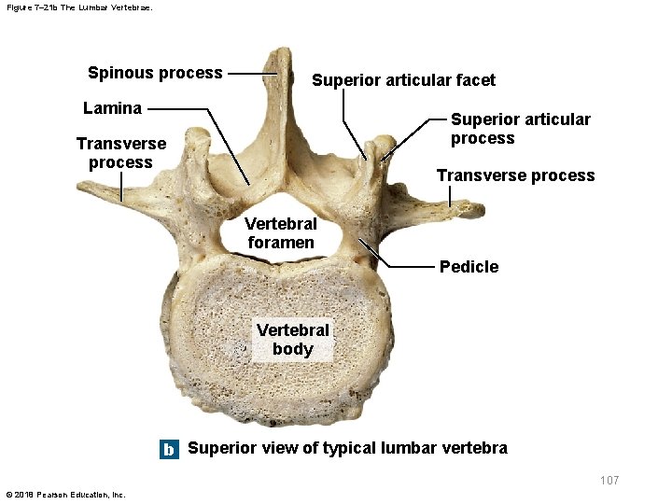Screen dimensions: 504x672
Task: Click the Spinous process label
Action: (x=155, y=73)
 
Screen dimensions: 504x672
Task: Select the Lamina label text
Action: (x=112, y=107)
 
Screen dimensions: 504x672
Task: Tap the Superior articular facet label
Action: (x=403, y=80)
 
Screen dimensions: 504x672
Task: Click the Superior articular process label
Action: (x=520, y=129)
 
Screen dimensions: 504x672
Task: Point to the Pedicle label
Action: (x=469, y=267)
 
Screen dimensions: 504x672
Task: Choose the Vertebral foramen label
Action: (x=281, y=232)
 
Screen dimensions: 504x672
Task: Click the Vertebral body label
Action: (x=292, y=340)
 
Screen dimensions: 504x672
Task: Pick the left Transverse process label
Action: (x=120, y=153)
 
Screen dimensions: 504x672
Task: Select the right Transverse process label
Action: (x=515, y=175)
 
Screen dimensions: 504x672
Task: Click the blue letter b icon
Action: (x=168, y=449)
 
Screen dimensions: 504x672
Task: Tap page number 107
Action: (x=609, y=480)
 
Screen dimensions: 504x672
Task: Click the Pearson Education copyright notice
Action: (x=64, y=494)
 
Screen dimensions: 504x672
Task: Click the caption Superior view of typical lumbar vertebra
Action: (x=347, y=448)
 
